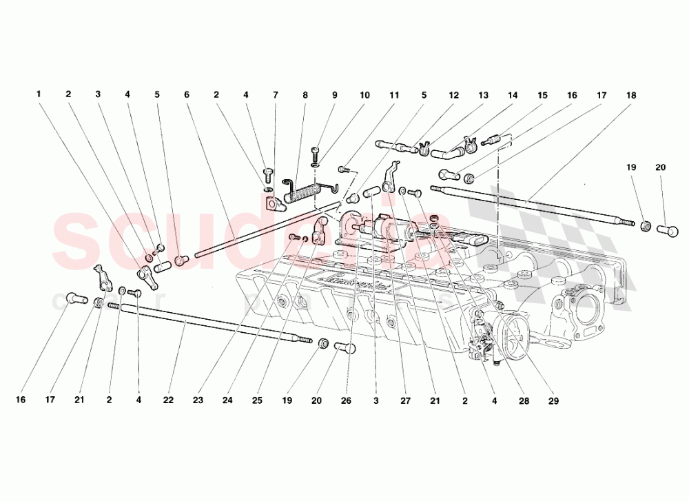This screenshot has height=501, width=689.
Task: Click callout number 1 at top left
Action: tap(39, 94)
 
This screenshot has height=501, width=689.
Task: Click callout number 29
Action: tap(554, 400)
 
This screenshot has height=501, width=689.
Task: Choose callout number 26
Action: tap(345, 400)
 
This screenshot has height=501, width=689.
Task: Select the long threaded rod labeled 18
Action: tap(531, 204)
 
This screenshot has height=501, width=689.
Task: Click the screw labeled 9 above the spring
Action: tap(316, 151)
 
